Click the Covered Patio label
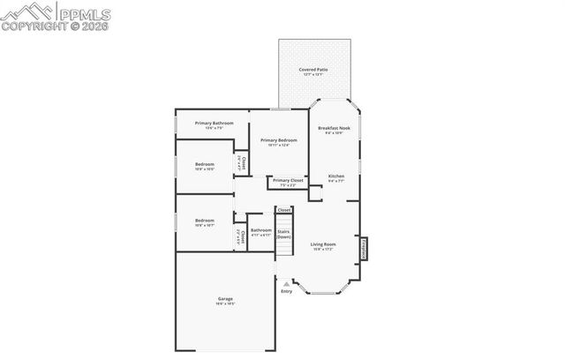coord(313,69)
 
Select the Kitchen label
coord(336,176)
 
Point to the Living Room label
coord(323,244)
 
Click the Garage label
coord(225,298)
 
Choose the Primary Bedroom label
coord(278,140)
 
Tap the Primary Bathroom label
coord(214,123)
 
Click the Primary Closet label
coord(289,180)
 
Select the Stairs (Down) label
coord(283,234)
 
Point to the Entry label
coord(286,291)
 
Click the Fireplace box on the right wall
coord(363,249)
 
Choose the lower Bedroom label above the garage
coord(205,220)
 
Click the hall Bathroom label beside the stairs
coord(261,230)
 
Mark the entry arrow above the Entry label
coord(286,283)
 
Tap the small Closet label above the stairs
coord(284,210)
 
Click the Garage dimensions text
coord(225,304)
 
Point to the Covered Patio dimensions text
coord(313,74)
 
